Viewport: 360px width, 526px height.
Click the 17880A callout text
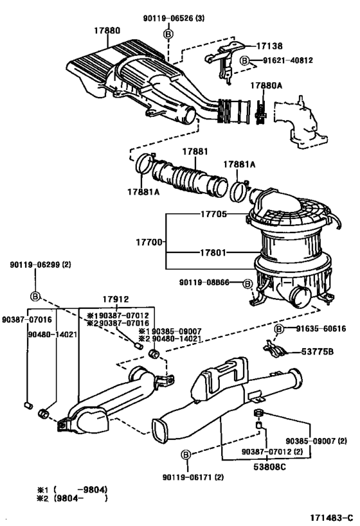pos(265,85)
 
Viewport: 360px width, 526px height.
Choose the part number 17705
pos(212,214)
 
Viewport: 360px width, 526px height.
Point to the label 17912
pos(116,299)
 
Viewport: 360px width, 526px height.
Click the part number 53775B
pos(318,352)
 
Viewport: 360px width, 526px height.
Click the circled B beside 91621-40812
pos(244,60)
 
